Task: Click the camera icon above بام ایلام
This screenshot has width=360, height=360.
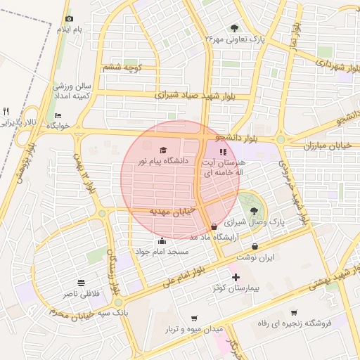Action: pos(69,19)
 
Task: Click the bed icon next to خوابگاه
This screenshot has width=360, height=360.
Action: pos(58,115)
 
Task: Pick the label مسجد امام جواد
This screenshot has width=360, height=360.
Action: pos(162,252)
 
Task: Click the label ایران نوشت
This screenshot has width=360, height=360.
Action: pos(255,258)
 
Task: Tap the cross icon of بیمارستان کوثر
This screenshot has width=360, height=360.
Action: pos(236,277)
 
